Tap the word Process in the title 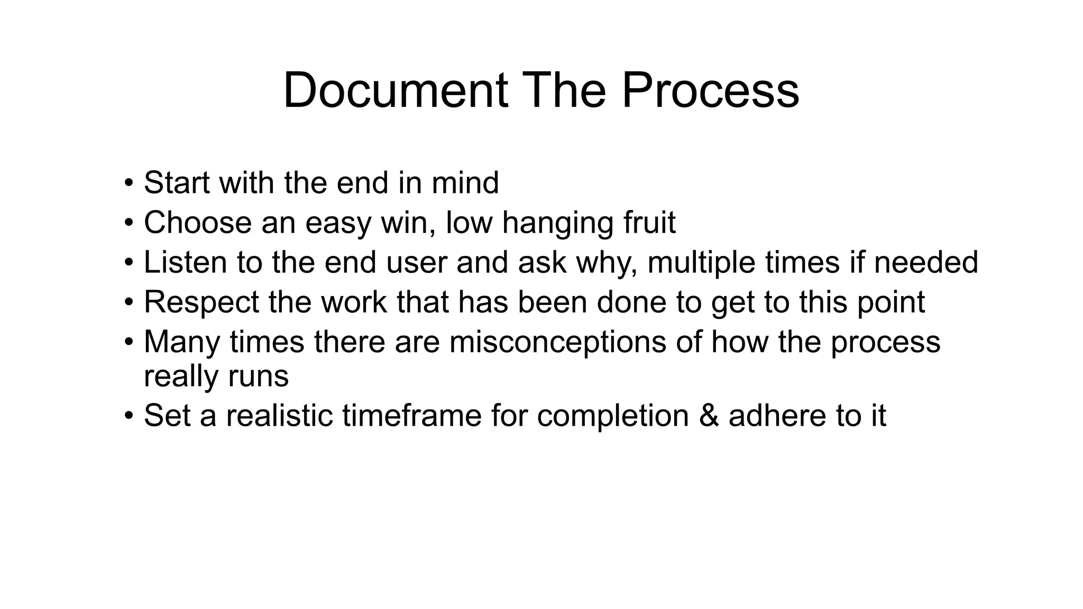point(710,90)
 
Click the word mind point(465,183)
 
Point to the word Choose point(197,223)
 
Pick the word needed point(925,262)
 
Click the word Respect point(201,303)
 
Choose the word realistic point(279,416)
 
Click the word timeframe point(411,416)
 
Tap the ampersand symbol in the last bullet point(709,416)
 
